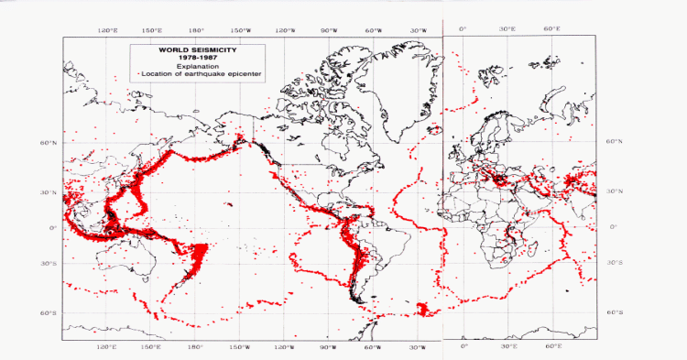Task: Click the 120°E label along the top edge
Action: pyautogui.click(x=107, y=29)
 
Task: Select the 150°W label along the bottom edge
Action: pyautogui.click(x=239, y=347)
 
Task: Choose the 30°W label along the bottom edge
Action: pyautogui.click(x=418, y=347)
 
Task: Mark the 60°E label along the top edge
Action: pyautogui.click(x=553, y=29)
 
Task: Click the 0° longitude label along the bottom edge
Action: pyautogui.click(x=463, y=347)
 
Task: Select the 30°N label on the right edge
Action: pyautogui.click(x=615, y=193)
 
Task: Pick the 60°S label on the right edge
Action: pyautogui.click(x=615, y=312)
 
